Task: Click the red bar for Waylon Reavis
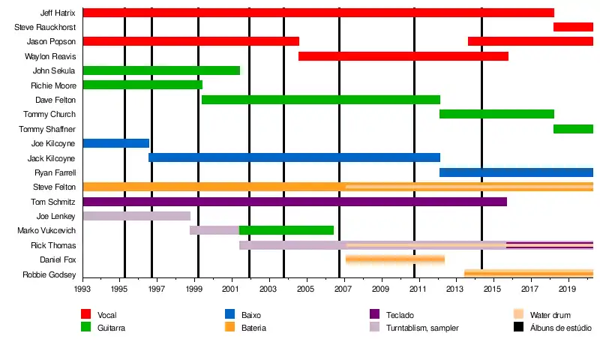pos(403,56)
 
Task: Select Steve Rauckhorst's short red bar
pos(573,27)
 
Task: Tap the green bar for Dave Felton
pos(321,100)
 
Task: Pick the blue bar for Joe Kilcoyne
pos(115,143)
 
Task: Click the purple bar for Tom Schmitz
pos(295,202)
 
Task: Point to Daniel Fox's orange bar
pos(394,259)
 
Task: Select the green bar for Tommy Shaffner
pos(573,129)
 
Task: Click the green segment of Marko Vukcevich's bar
pos(286,230)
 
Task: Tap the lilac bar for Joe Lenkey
pos(136,216)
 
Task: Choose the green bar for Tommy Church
pos(496,114)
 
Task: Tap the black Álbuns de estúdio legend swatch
pos(518,327)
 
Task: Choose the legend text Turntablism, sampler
pos(422,328)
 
